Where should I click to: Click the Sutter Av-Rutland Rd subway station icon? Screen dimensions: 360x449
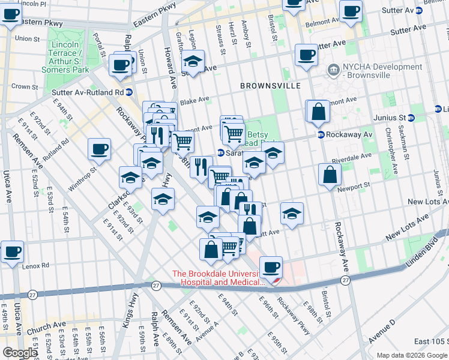[129, 92]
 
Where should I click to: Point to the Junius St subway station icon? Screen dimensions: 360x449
[411, 117]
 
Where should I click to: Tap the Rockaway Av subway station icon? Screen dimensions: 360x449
[321, 134]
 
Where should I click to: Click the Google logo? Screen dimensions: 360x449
[19, 353]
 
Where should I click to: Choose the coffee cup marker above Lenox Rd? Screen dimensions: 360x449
[12, 251]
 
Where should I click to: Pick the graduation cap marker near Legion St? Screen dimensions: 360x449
[192, 61]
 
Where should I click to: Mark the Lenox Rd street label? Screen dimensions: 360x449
[36, 266]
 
